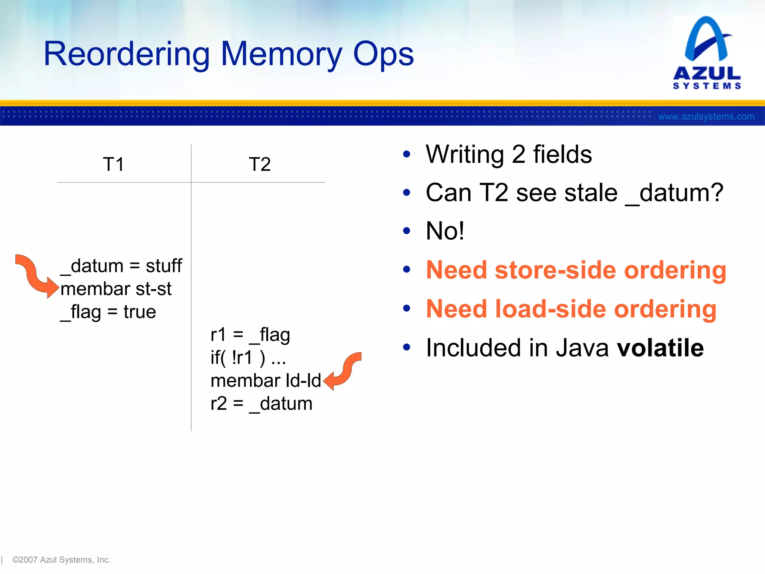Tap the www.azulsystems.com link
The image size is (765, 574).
tap(706, 117)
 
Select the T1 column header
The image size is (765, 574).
tap(113, 164)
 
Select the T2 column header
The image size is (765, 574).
tap(260, 164)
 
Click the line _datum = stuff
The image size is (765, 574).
tap(121, 266)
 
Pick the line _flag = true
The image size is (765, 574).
tap(108, 312)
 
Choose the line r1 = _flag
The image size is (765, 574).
tap(250, 335)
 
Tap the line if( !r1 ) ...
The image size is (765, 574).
tap(248, 358)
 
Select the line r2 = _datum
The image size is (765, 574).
tap(261, 404)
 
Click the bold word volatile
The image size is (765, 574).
tap(660, 348)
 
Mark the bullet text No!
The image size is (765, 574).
tap(445, 231)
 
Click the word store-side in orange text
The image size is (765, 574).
tap(555, 270)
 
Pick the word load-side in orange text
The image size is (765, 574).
tap(551, 309)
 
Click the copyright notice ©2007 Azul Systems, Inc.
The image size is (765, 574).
tap(61, 560)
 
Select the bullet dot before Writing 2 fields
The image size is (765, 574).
tap(407, 154)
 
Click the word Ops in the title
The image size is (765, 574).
tap(383, 55)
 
